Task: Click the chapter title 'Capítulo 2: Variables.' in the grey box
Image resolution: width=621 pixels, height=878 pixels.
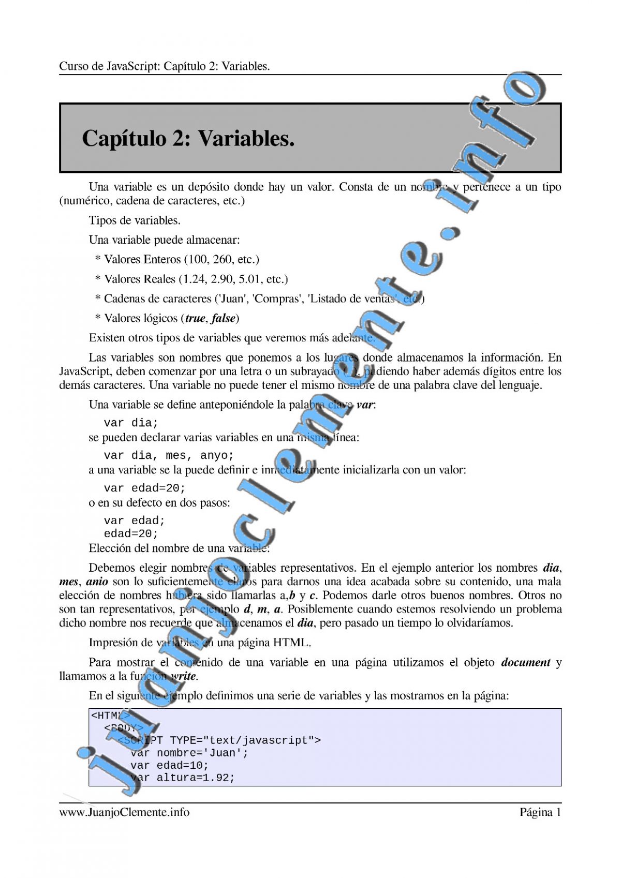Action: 188,139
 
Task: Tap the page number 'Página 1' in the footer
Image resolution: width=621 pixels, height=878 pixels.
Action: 540,812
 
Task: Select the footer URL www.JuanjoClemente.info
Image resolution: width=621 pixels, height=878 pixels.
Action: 124,812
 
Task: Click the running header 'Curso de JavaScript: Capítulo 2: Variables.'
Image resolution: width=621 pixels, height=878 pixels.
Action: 165,66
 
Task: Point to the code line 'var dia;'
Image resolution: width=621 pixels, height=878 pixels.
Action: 131,423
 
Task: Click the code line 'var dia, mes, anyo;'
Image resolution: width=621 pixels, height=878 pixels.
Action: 169,455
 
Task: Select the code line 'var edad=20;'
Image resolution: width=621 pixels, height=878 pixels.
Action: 144,488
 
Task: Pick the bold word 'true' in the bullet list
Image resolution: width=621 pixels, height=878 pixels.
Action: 195,318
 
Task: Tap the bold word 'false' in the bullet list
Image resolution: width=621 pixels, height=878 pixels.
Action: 224,318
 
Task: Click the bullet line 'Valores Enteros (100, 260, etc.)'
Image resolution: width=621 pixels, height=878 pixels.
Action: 181,259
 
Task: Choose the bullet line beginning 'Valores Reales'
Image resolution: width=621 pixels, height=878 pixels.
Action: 196,279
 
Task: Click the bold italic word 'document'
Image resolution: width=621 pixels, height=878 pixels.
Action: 526,662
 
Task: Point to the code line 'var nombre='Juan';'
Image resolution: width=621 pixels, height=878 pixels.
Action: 189,753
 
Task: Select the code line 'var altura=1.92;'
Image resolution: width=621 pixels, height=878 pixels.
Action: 183,778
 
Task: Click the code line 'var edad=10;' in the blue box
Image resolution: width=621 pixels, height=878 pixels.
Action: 169,765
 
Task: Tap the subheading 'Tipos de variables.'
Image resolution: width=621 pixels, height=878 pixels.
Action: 135,220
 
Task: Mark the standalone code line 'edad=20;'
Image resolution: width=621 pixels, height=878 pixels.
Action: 131,533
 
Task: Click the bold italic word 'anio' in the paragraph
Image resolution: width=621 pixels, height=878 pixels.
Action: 97,582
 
